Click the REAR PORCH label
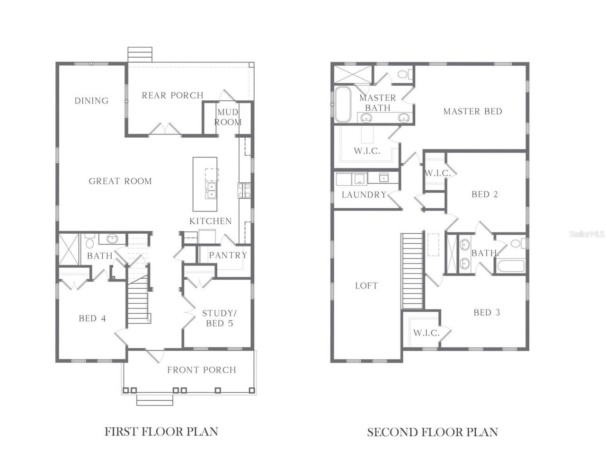[x=172, y=95]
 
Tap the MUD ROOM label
[x=228, y=117]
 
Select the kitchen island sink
[x=211, y=191]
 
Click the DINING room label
[x=91, y=100]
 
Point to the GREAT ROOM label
[x=120, y=181]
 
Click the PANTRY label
[x=228, y=255]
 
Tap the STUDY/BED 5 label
[x=220, y=318]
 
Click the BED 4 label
[x=92, y=318]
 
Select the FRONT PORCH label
[x=202, y=370]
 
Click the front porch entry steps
[x=154, y=400]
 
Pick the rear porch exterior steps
[x=140, y=54]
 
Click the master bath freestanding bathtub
[x=343, y=105]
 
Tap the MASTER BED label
[x=472, y=112]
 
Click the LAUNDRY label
[x=364, y=194]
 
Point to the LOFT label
[x=366, y=286]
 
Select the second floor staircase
[x=412, y=271]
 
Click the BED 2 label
[x=485, y=194]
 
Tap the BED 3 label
[x=487, y=312]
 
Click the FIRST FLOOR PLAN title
[x=161, y=432]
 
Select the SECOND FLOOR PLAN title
[x=432, y=432]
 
